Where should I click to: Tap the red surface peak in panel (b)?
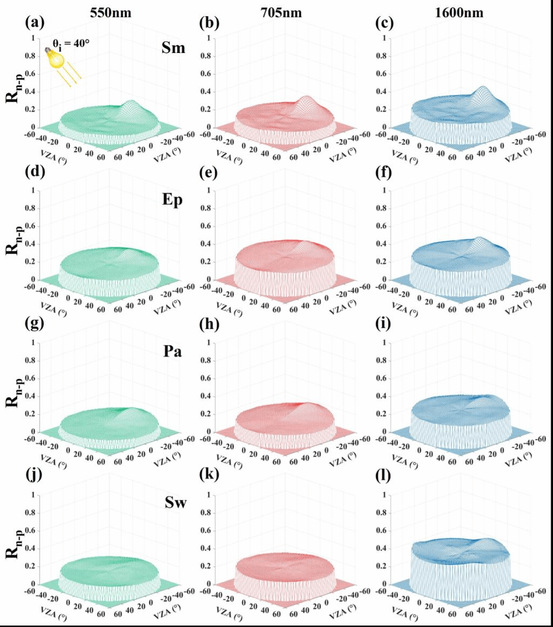306,97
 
